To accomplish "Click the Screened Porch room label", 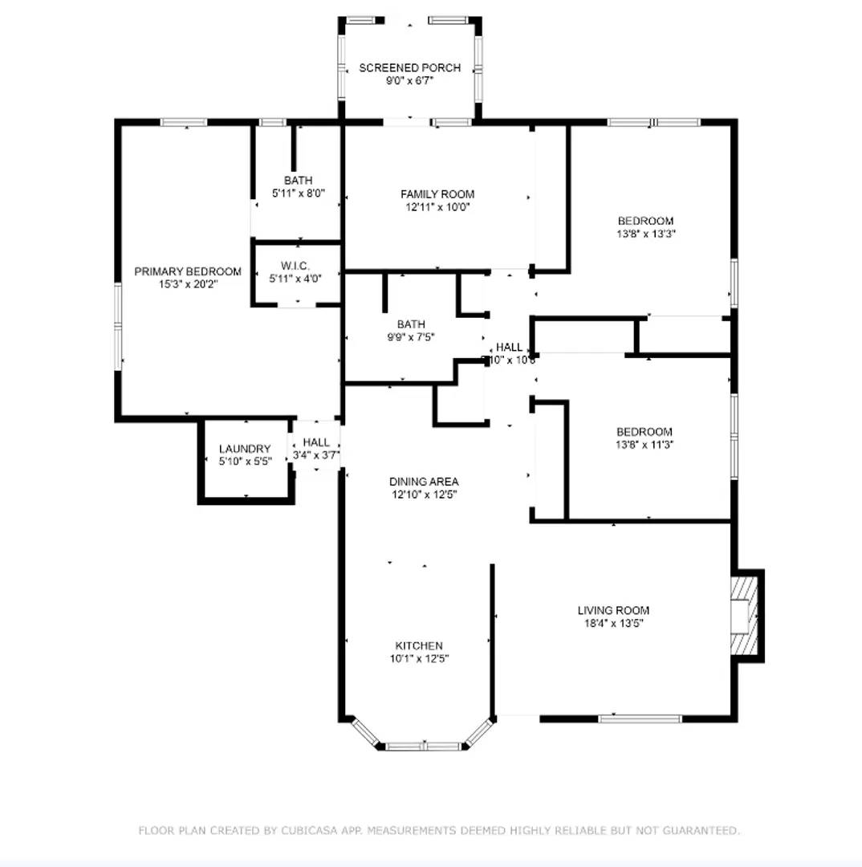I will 409,67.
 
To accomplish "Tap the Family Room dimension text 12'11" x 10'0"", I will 437,206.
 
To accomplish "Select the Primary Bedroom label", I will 188,271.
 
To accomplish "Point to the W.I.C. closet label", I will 295,266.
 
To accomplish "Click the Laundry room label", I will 245,449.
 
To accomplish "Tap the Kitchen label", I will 418,645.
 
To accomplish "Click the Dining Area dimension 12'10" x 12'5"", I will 424,495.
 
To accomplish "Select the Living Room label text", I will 613,610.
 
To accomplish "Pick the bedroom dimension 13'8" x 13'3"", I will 645,234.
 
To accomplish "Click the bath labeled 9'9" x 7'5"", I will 410,324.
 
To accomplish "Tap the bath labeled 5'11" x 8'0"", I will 298,181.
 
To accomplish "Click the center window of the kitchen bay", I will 423,746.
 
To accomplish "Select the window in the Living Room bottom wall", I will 640,718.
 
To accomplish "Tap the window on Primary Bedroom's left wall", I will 119,327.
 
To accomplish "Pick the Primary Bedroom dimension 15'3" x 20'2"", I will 188,283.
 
